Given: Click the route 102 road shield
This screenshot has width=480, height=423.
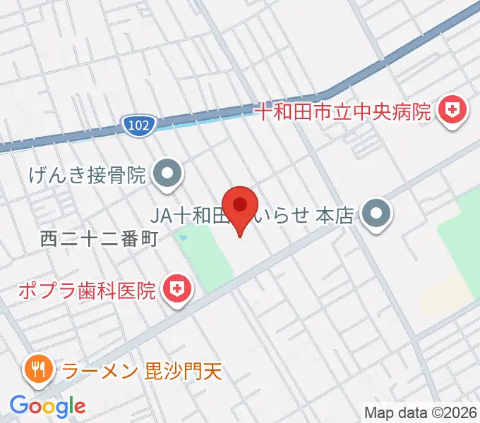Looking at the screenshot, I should click(x=138, y=125).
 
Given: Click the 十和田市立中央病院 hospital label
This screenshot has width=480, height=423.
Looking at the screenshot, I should click(x=342, y=111).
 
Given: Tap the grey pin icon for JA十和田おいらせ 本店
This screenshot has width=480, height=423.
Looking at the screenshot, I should click(x=376, y=214).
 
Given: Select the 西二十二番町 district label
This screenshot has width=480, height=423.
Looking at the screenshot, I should click(x=98, y=239).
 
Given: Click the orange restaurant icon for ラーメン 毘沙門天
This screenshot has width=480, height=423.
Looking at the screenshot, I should click(x=36, y=369).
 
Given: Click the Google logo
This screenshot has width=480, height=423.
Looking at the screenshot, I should click(x=47, y=406).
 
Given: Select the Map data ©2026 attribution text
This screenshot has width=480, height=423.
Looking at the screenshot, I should click(x=421, y=412).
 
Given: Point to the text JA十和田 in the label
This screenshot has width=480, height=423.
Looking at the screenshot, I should click(x=190, y=214).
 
